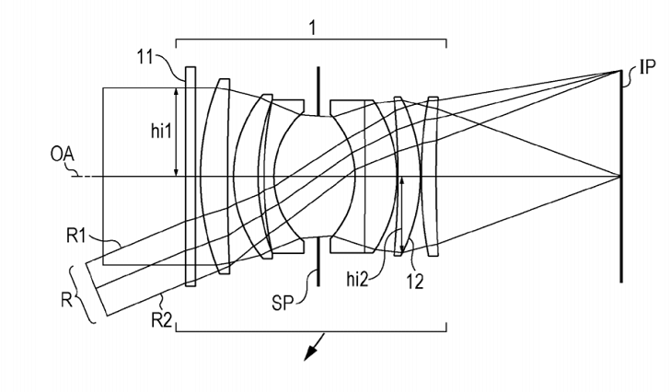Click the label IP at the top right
tap(647, 67)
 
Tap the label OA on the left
tap(62, 155)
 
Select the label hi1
tap(161, 132)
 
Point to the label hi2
tap(357, 279)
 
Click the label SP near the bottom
tap(283, 303)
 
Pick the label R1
tap(76, 236)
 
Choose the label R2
tap(162, 320)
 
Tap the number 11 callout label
tap(144, 56)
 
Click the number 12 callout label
tap(414, 282)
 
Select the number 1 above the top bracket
tap(313, 28)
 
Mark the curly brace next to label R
tap(83, 294)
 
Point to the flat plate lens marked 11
tap(191, 177)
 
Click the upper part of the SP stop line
tap(318, 90)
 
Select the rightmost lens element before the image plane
tap(433, 177)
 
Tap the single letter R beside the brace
tap(66, 300)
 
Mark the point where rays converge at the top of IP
tap(620, 71)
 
